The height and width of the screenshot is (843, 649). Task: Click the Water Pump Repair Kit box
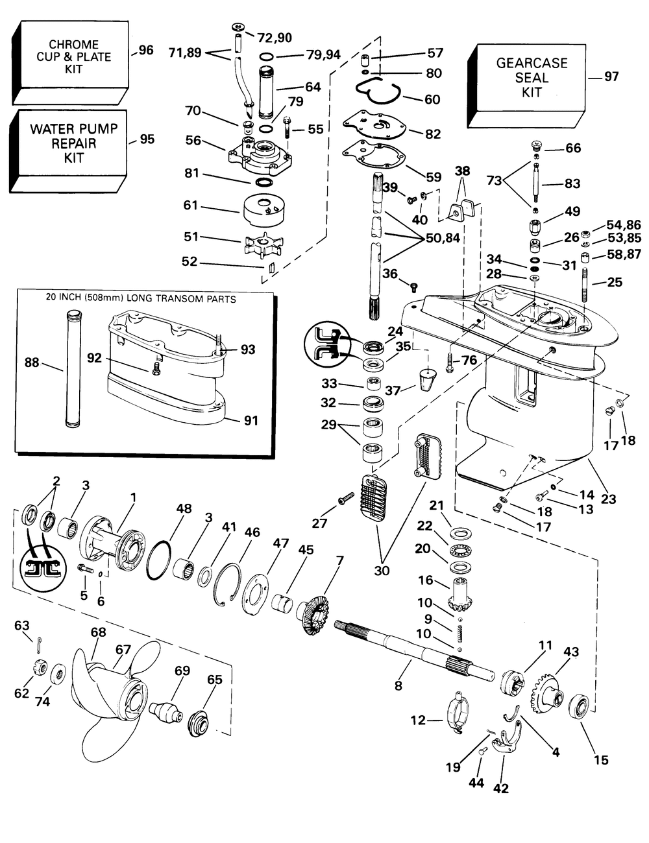68,151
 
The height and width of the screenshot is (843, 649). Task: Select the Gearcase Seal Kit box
526,86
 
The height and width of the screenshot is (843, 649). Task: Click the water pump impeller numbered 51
263,244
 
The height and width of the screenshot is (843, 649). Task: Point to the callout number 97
611,77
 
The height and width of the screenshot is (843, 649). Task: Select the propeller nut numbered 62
40,667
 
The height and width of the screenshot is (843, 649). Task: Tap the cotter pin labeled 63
40,646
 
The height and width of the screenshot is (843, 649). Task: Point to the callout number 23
608,499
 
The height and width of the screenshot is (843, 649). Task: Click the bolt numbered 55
288,127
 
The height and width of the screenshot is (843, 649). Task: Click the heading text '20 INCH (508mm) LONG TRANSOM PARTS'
141,299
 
